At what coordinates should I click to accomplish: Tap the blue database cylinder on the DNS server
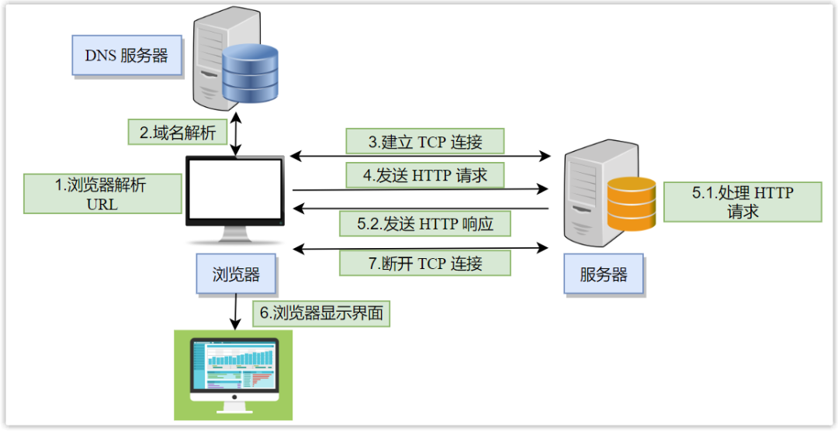(x=250, y=74)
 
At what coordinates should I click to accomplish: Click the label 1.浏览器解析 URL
(x=103, y=194)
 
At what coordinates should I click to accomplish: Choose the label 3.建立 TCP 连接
(x=424, y=142)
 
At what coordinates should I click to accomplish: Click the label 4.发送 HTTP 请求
(x=424, y=175)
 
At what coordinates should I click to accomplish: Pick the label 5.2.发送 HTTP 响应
(x=424, y=224)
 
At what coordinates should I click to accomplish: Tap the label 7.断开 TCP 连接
(x=424, y=263)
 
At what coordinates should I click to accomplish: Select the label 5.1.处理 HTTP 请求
(x=743, y=202)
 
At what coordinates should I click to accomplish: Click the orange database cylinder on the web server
(x=631, y=204)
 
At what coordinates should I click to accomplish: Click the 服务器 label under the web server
(x=603, y=274)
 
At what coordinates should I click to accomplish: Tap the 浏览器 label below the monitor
(x=236, y=274)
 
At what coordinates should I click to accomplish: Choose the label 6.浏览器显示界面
(x=321, y=314)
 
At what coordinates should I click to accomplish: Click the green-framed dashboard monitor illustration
(x=233, y=374)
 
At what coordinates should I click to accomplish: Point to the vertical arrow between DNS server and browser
(x=234, y=136)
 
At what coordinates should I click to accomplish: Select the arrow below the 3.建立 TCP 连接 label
(x=419, y=157)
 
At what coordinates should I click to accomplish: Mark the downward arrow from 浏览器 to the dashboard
(x=235, y=312)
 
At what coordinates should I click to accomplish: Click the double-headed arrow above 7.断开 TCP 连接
(x=419, y=248)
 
